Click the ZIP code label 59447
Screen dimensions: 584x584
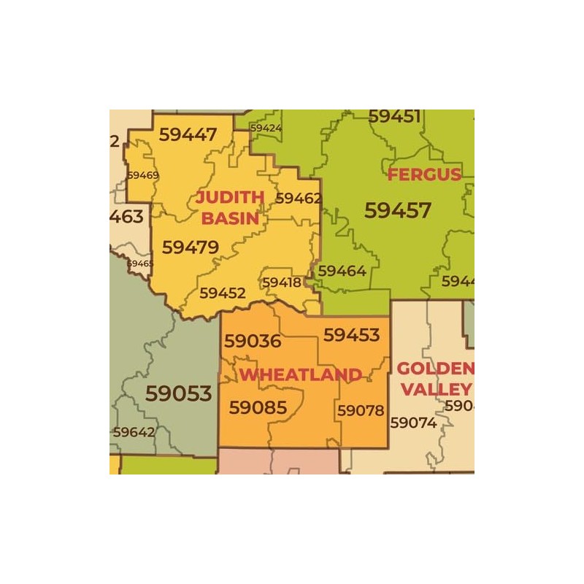[x=188, y=135]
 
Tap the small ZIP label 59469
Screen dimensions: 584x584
[x=142, y=175]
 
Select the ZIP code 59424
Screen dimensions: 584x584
[x=266, y=128]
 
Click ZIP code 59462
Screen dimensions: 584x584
[x=299, y=198]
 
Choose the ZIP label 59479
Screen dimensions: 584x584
[x=190, y=247]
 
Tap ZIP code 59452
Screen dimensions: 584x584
[x=223, y=293]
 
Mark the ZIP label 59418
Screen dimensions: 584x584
[x=282, y=282]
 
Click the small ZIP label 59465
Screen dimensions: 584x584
[x=140, y=264]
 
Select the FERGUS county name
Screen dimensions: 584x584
[x=424, y=174]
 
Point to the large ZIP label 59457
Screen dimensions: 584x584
[x=398, y=210]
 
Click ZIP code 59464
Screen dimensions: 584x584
[x=342, y=271]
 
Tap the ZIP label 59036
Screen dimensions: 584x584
[x=253, y=341]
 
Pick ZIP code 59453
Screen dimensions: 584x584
[x=352, y=335]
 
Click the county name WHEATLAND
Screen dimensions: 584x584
[x=301, y=375]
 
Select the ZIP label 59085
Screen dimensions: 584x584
[x=258, y=407]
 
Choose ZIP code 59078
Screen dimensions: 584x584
[x=361, y=411]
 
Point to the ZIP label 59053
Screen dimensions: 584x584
[x=178, y=393]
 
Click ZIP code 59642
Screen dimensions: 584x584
[x=133, y=431]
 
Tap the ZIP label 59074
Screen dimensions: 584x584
[x=413, y=423]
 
